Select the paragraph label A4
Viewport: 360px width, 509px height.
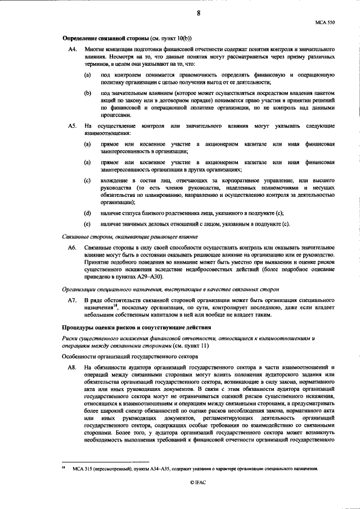click(x=71, y=51)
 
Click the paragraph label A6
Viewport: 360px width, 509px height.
click(x=71, y=247)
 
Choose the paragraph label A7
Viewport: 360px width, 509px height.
click(x=71, y=301)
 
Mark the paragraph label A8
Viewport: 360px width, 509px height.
click(x=71, y=367)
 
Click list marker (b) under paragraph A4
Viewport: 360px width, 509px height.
click(x=88, y=92)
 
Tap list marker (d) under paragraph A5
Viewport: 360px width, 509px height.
click(x=88, y=213)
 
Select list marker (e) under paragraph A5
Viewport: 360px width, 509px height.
click(x=88, y=224)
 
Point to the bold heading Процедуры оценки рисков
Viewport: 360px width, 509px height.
click(x=129, y=327)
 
